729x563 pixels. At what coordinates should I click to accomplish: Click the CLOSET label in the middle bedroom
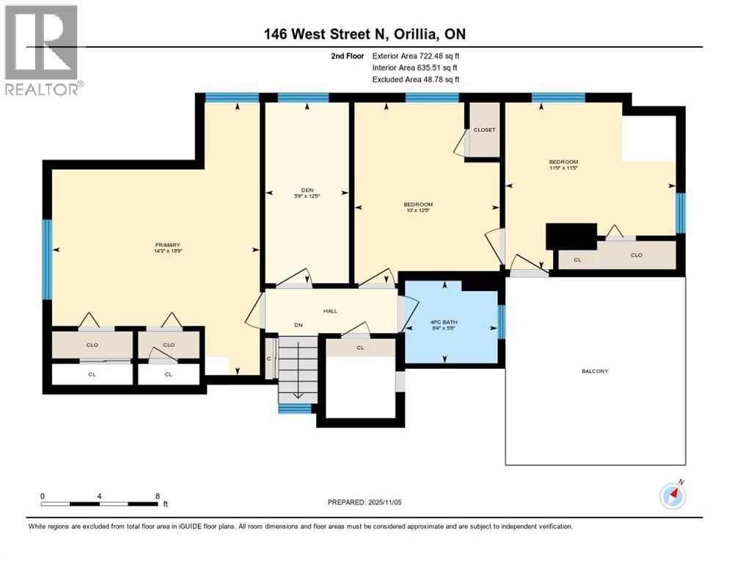point(484,130)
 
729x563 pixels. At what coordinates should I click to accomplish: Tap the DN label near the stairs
point(278,325)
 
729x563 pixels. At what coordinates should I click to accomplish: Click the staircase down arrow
point(298,394)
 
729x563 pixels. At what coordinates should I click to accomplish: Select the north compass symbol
point(673,496)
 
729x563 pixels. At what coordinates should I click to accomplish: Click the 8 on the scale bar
point(158,496)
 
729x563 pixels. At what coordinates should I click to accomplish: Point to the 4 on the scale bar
point(99,496)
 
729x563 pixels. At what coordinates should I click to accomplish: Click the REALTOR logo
point(43,50)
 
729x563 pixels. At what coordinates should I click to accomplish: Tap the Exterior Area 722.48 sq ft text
point(416,56)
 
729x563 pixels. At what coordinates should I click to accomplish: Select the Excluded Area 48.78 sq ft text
point(416,79)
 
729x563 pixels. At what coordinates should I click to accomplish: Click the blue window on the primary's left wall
point(48,260)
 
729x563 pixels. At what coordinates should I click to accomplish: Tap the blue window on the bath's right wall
point(502,322)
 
